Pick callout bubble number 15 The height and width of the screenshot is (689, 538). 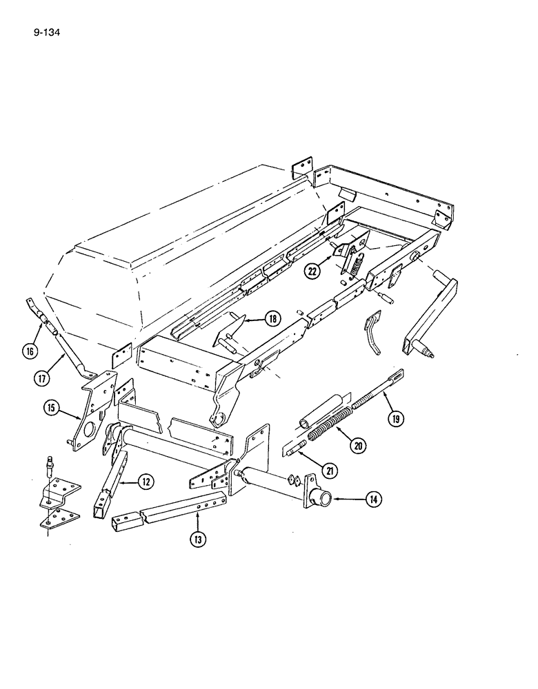click(50, 409)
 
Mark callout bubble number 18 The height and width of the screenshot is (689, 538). click(272, 318)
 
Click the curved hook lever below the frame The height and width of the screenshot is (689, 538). click(372, 333)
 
